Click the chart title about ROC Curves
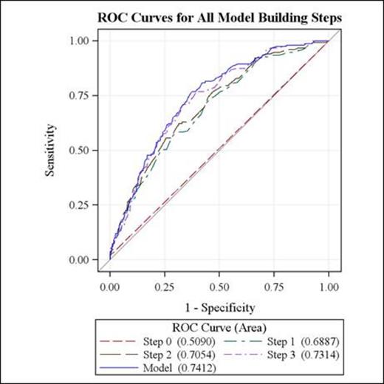tap(219, 16)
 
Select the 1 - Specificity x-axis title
tap(219, 306)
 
